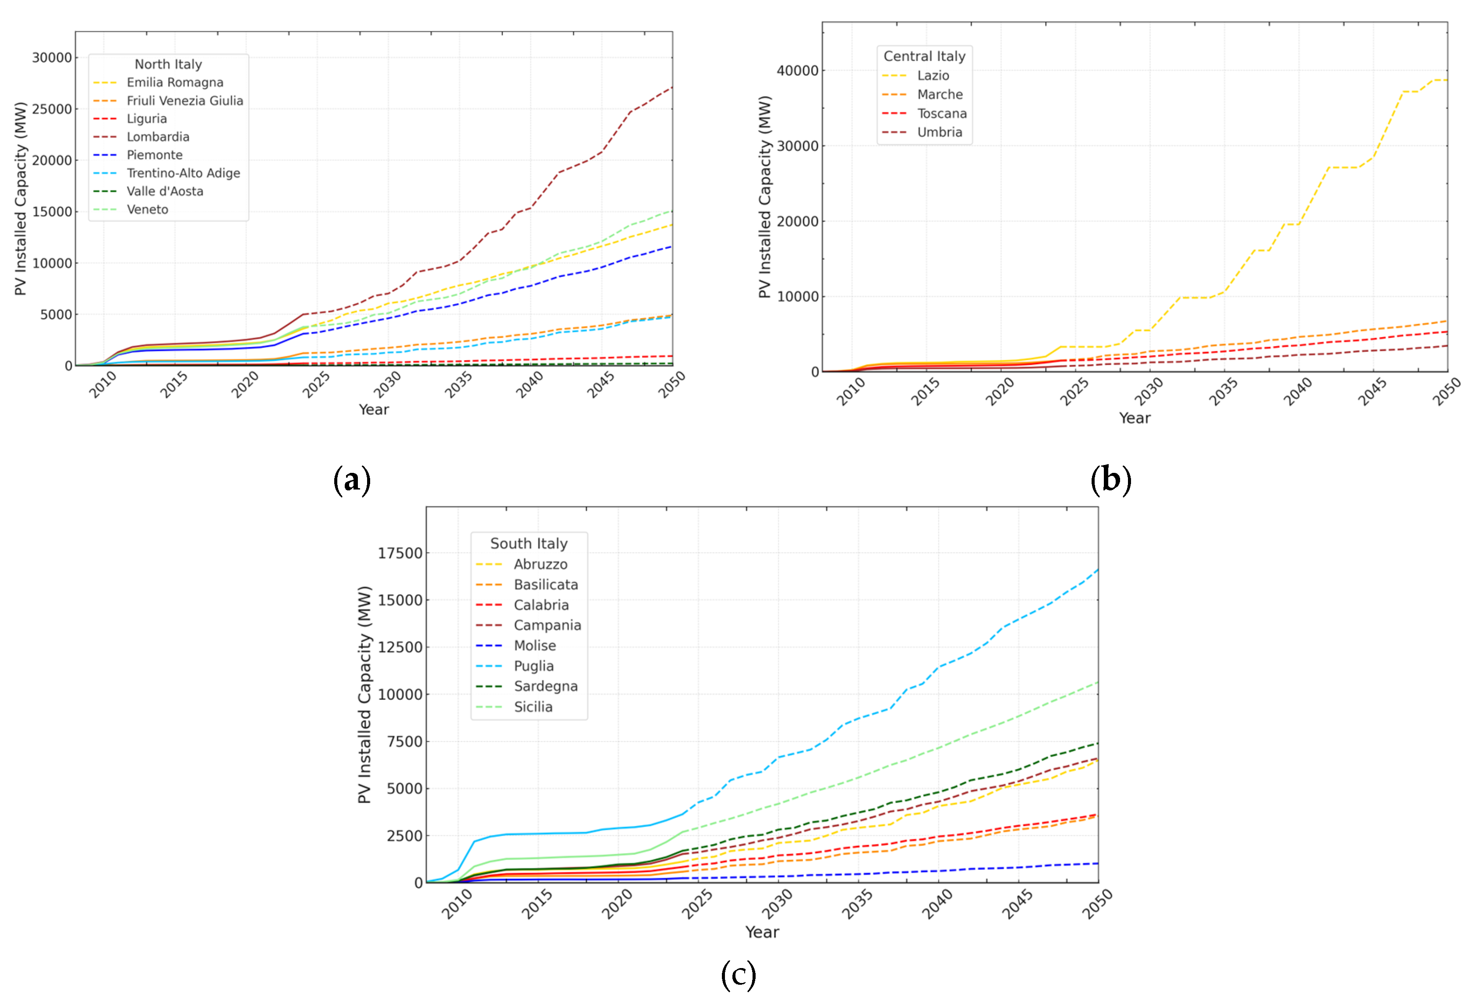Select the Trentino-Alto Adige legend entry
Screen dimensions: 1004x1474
coord(183,173)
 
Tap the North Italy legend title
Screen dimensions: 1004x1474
coord(168,64)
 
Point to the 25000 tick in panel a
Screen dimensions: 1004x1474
coord(52,109)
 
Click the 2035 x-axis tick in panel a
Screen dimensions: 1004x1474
coord(459,384)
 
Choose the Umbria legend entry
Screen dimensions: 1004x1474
coord(939,132)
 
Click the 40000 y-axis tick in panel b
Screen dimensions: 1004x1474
coord(797,71)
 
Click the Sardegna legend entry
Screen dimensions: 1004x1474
coord(545,686)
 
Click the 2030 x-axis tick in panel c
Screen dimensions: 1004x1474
coord(777,903)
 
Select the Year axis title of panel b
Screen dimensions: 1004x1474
coord(1134,418)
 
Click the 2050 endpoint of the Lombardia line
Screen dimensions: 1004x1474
coord(672,87)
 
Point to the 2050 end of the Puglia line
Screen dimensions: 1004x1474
coord(1098,570)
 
